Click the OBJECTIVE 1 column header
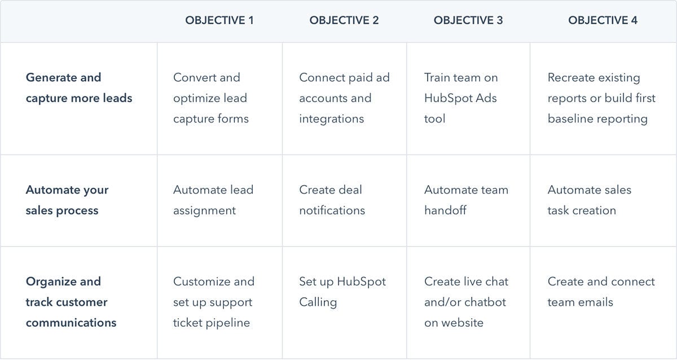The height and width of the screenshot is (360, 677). click(219, 20)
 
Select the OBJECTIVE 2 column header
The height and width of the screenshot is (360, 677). click(344, 20)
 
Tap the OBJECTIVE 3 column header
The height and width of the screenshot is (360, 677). click(468, 20)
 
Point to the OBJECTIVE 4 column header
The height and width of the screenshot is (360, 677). click(603, 20)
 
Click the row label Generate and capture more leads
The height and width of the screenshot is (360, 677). click(79, 87)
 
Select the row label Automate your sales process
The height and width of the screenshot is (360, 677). click(67, 200)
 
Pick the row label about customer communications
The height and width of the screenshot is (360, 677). click(71, 302)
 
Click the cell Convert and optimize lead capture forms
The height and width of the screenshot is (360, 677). click(211, 98)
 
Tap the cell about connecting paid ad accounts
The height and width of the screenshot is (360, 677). click(344, 98)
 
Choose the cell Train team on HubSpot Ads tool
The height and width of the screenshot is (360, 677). click(461, 98)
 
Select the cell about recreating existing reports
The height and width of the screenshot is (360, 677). click(601, 98)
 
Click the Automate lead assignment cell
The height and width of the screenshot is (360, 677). click(213, 200)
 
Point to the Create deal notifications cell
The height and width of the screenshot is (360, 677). click(332, 200)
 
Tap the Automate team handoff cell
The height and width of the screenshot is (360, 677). click(467, 200)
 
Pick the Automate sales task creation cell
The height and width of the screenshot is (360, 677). click(590, 200)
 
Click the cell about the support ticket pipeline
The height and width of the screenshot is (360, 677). click(214, 302)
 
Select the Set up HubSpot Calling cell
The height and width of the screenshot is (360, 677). click(342, 292)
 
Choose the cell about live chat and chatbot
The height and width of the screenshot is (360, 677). click(467, 302)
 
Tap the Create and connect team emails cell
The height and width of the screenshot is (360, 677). click(601, 292)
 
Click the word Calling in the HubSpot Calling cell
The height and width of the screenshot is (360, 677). click(318, 302)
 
